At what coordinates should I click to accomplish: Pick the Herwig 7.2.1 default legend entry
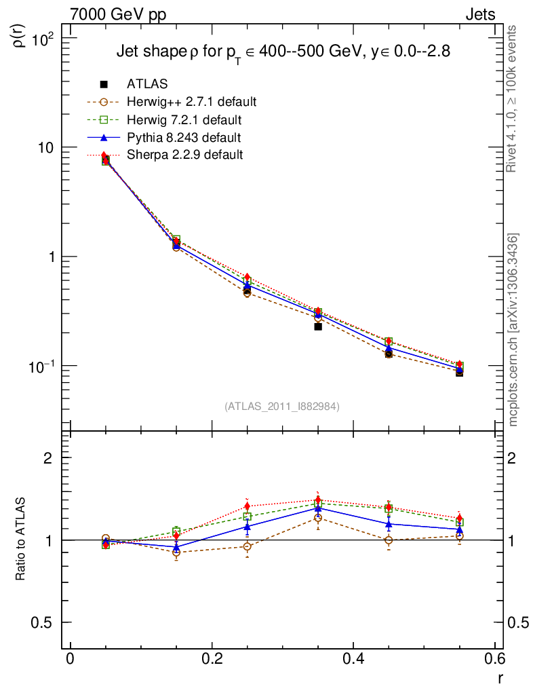184,120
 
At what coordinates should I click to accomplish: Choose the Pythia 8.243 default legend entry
184,138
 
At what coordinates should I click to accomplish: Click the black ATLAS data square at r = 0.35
318,326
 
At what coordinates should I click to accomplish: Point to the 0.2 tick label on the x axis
212,660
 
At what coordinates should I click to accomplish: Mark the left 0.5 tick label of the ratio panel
45,623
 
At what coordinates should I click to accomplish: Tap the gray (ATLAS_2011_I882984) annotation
282,406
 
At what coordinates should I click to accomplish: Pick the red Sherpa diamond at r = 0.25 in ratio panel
248,506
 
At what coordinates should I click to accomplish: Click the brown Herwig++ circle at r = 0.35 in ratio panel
318,518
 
